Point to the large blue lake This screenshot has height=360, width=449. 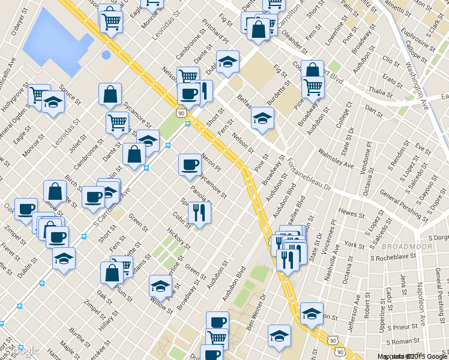[x=57, y=39]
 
